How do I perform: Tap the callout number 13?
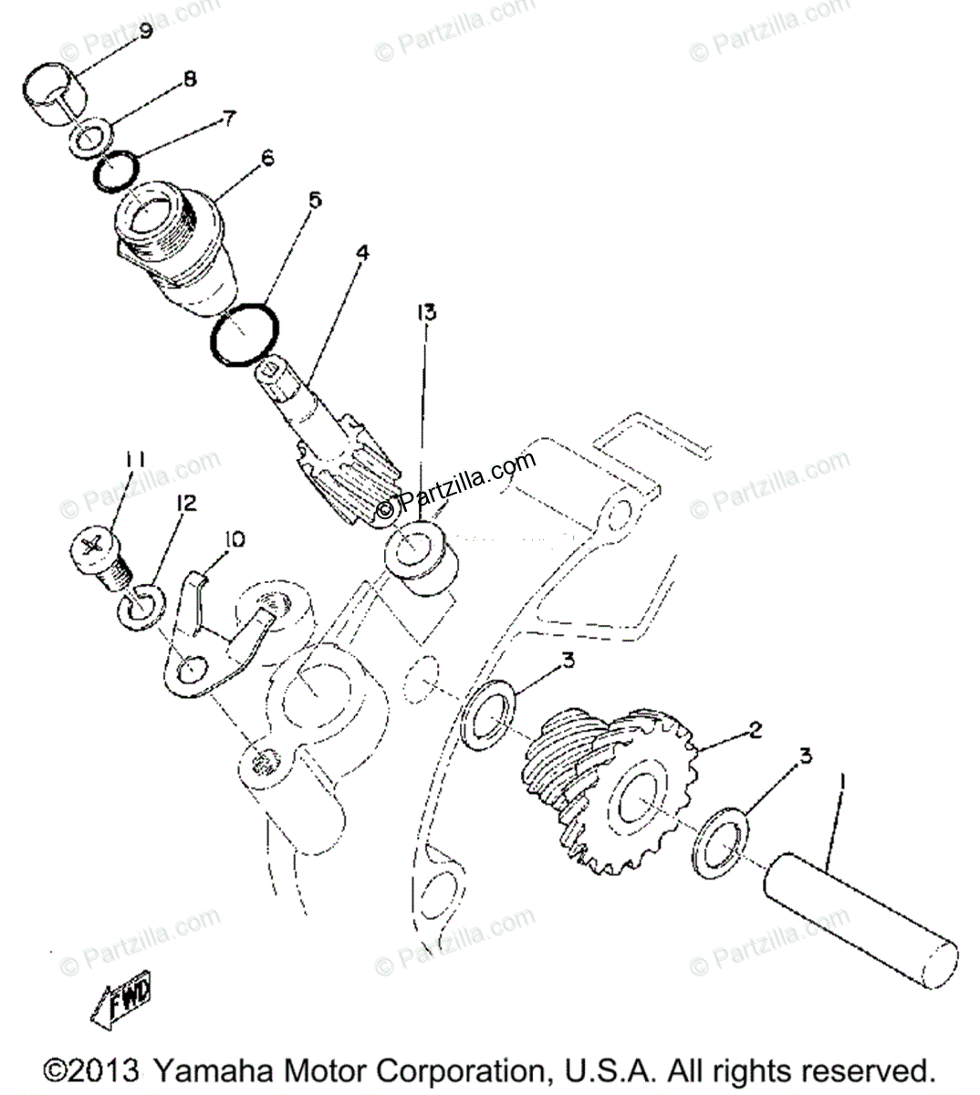(426, 314)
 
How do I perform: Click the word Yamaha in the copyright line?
(210, 1069)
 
